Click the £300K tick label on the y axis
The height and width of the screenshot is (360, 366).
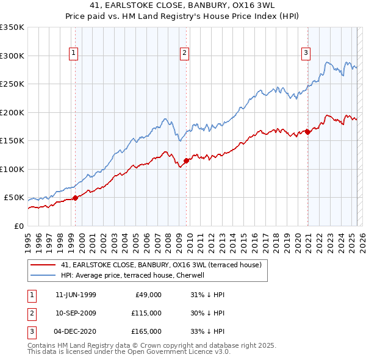(x=12, y=56)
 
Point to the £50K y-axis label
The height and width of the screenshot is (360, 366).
(x=14, y=198)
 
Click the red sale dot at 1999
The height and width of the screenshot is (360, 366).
(x=75, y=198)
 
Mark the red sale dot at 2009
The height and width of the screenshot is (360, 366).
(x=185, y=160)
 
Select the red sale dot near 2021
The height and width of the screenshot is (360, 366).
(x=307, y=132)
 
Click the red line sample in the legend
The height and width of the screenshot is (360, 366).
(x=44, y=265)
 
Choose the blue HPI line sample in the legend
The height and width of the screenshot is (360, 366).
(x=44, y=275)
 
